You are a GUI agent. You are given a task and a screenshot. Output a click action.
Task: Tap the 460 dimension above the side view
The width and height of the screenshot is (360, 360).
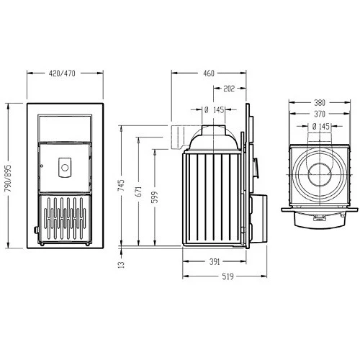209,74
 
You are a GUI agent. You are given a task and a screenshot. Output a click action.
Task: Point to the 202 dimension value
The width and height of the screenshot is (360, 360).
230,89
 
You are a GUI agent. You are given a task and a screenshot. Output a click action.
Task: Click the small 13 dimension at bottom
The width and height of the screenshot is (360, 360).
122,264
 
